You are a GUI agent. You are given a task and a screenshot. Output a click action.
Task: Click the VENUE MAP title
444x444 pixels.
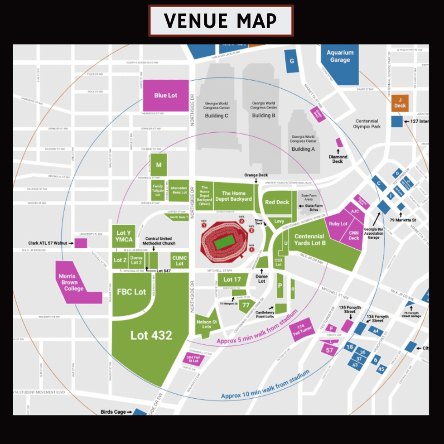coord(221,21)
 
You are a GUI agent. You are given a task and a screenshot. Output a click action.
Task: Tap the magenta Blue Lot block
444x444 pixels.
coord(166,96)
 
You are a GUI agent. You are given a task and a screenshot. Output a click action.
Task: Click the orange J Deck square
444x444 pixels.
coord(400,103)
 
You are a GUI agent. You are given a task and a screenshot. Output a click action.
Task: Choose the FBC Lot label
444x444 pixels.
coord(132,292)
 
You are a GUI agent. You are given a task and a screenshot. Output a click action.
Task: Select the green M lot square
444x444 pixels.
coord(159,165)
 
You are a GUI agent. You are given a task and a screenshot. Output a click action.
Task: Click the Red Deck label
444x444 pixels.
coord(277,202)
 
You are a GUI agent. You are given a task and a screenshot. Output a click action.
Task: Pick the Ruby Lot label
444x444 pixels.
coord(338,224)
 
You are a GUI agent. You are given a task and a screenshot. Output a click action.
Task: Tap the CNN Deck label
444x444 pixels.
coord(354,236)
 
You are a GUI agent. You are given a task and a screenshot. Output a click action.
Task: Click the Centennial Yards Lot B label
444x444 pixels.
coord(309,239)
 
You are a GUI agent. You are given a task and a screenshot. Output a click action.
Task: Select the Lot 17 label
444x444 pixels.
coord(232,280)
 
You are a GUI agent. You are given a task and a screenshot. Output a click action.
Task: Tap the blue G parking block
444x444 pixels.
coord(292,61)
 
